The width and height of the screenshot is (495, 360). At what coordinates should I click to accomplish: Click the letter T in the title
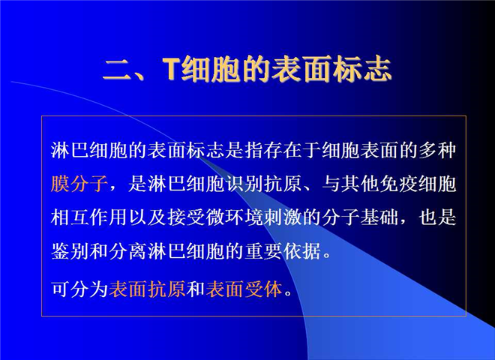(172, 69)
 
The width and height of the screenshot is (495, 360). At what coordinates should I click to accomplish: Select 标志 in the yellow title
(362, 69)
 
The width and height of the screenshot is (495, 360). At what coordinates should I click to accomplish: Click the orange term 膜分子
(79, 184)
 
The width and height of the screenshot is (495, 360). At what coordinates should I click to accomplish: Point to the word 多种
(437, 150)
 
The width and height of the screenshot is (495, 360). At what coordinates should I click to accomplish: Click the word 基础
(379, 217)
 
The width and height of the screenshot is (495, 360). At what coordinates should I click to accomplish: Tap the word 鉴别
(70, 251)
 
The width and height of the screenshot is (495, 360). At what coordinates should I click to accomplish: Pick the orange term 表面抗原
(147, 289)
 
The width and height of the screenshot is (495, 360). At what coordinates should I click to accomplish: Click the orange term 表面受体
(244, 289)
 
